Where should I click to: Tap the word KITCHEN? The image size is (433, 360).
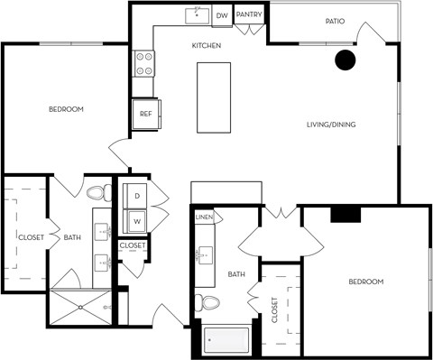tap(207, 45)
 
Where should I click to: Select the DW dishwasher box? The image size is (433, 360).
tap(222, 15)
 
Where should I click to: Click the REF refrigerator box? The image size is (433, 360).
tap(146, 114)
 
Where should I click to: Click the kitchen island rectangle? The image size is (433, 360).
tap(214, 97)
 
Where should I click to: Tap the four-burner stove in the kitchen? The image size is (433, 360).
tap(143, 62)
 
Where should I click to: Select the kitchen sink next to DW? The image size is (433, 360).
tap(197, 15)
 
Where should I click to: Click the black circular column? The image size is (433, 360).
tap(345, 60)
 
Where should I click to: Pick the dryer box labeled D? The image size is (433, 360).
tap(137, 196)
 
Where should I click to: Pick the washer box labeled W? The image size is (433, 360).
tap(137, 219)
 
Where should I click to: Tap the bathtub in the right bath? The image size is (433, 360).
tap(227, 340)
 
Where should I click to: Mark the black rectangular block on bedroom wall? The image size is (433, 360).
tap(345, 214)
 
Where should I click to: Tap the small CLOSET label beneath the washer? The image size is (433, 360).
tap(133, 245)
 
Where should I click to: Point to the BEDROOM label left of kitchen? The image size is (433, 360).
tap(66, 109)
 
